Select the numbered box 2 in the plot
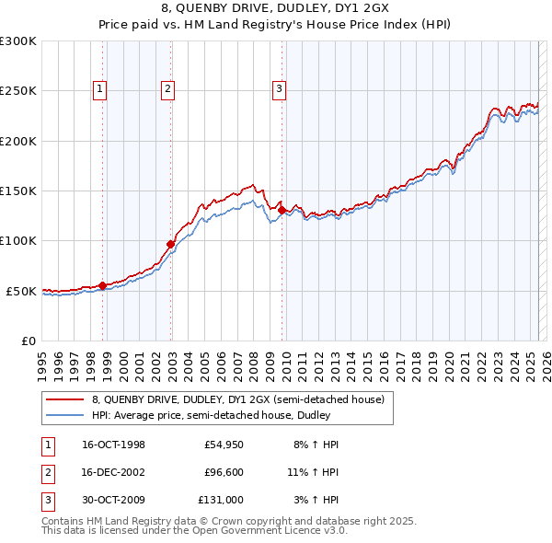click(167, 89)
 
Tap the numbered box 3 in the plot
click(278, 89)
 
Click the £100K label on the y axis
click(18, 241)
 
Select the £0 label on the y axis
click(28, 341)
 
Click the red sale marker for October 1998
click(102, 285)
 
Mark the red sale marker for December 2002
click(170, 244)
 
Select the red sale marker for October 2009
click(282, 210)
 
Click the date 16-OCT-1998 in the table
click(114, 445)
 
